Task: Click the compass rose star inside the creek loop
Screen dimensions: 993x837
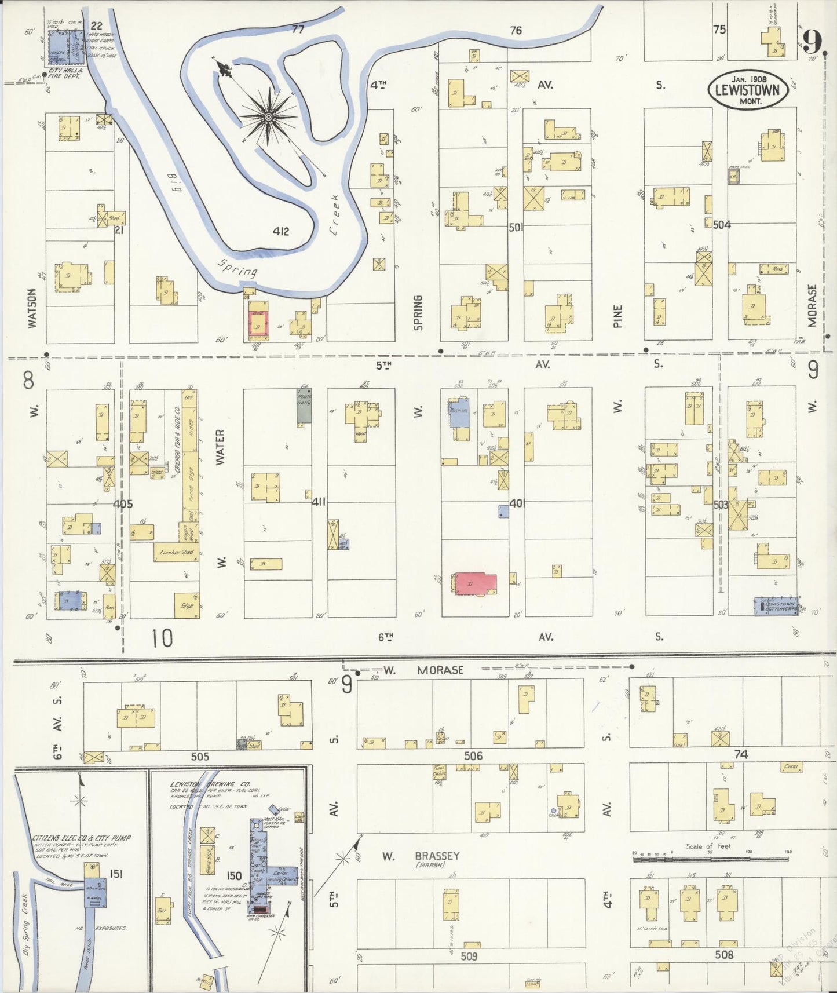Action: [268, 118]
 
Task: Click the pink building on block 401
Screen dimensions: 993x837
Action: [476, 583]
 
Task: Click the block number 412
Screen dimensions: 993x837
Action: [280, 232]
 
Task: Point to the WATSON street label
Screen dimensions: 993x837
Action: [32, 308]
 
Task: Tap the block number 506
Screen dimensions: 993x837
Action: [473, 755]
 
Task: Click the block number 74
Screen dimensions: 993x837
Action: [741, 754]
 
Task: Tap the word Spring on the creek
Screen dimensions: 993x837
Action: [237, 268]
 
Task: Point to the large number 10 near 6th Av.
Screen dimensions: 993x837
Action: [162, 638]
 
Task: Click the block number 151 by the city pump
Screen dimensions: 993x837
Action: [116, 874]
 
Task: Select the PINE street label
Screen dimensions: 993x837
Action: [617, 316]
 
